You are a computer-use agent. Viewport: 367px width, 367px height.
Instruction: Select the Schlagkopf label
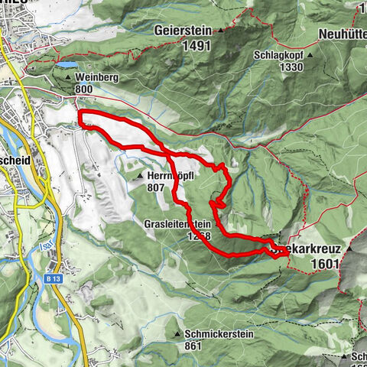[x=280, y=55]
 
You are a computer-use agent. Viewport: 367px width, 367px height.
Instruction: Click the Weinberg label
[x=95, y=77]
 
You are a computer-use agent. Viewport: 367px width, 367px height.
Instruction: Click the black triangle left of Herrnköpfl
[x=140, y=176]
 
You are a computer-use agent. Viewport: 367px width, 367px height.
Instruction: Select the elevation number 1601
[x=325, y=263]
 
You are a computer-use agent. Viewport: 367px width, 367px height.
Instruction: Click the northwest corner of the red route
[x=81, y=113]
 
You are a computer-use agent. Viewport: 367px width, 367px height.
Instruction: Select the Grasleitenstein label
[x=177, y=224]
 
